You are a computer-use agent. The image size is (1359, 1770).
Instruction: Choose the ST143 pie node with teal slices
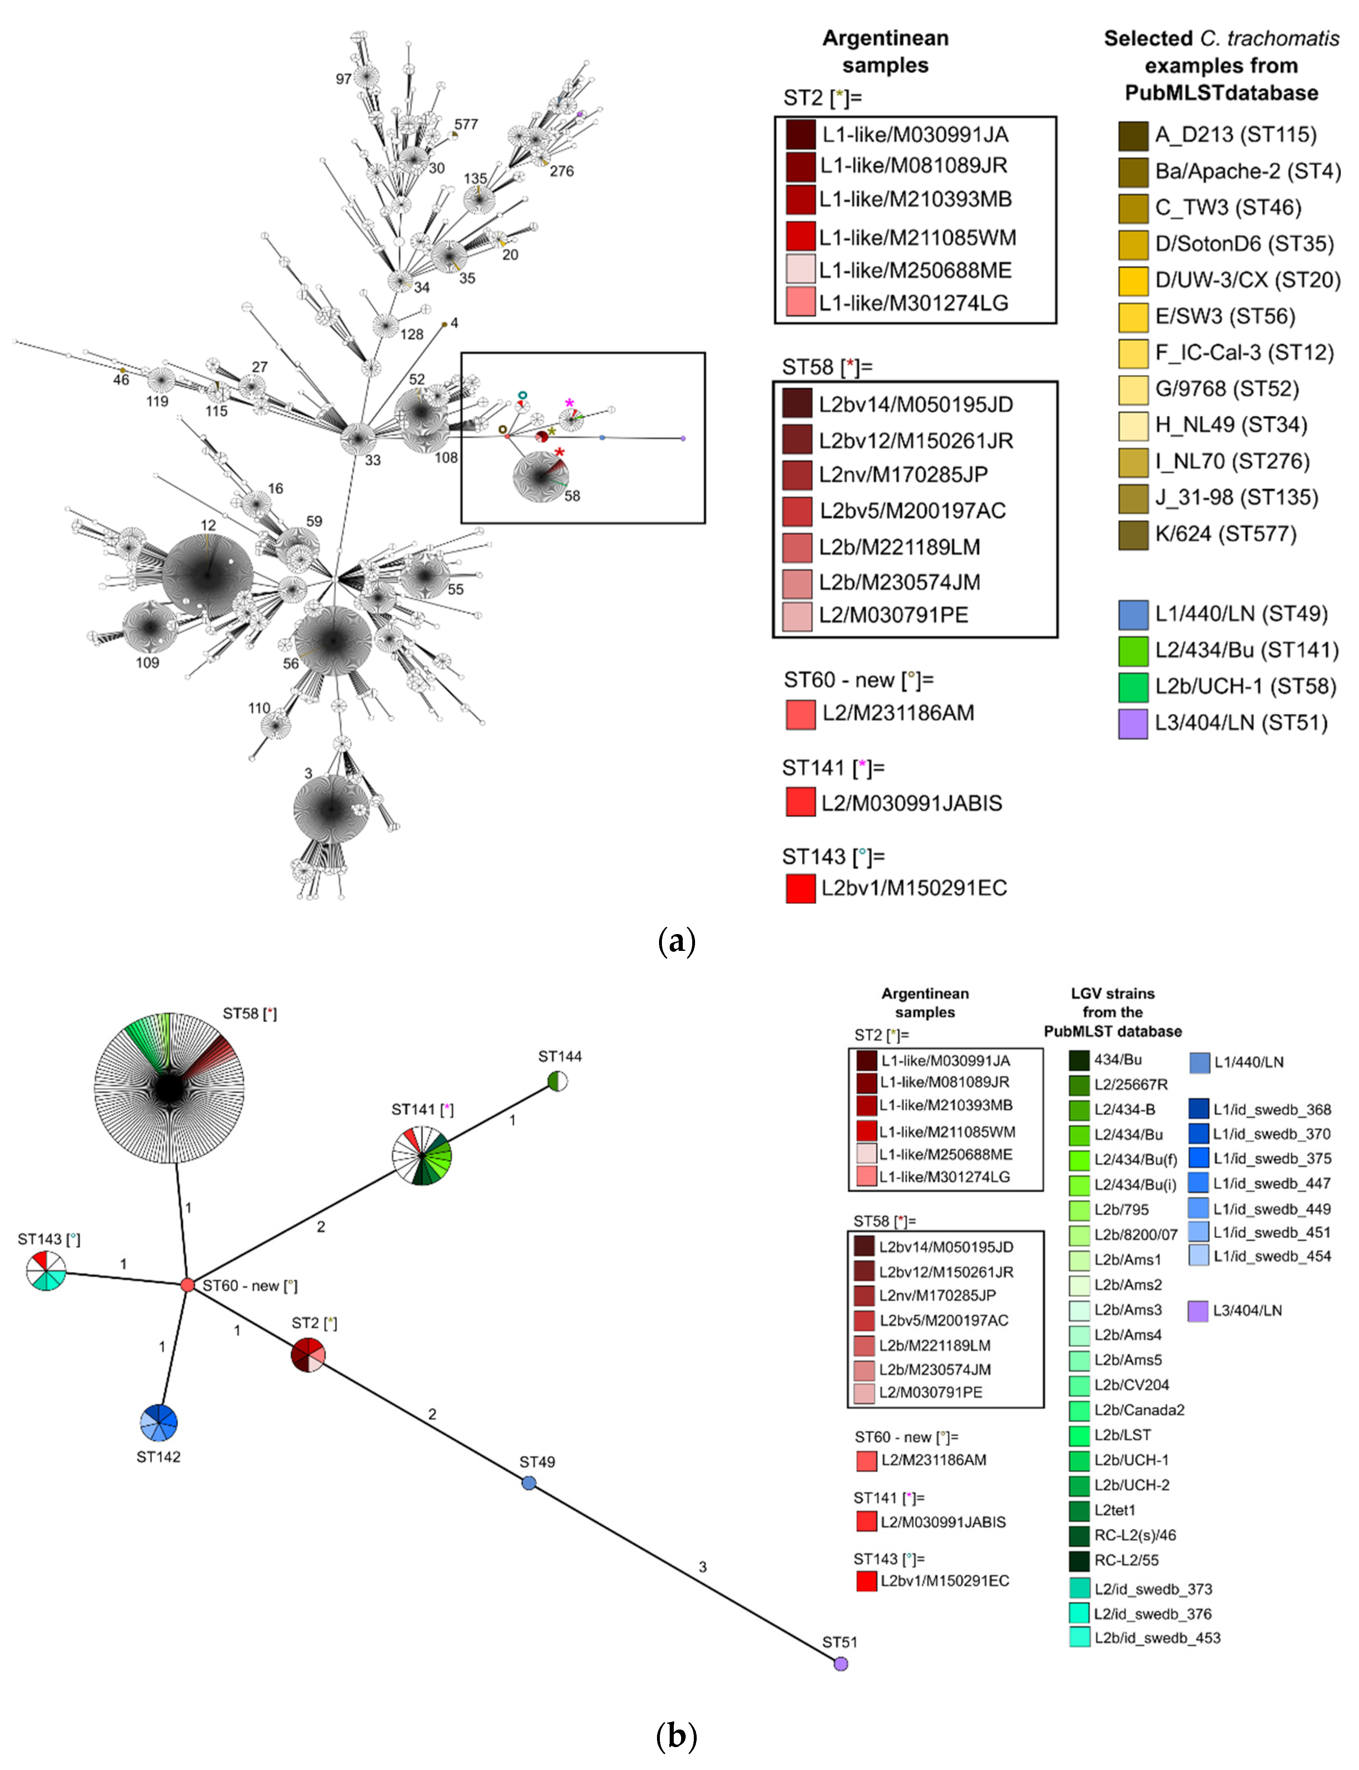click(x=46, y=1270)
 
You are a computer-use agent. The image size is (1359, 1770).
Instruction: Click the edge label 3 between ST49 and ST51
click(x=702, y=1567)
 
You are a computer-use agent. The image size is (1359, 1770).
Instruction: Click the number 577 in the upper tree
click(x=466, y=124)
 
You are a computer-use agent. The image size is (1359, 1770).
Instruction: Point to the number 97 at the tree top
click(x=344, y=79)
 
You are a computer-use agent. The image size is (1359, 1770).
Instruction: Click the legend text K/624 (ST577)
click(x=1226, y=534)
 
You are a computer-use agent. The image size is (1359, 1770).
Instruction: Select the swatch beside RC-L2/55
click(x=1079, y=1560)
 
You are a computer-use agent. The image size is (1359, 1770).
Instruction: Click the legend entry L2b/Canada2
click(x=1139, y=1410)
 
